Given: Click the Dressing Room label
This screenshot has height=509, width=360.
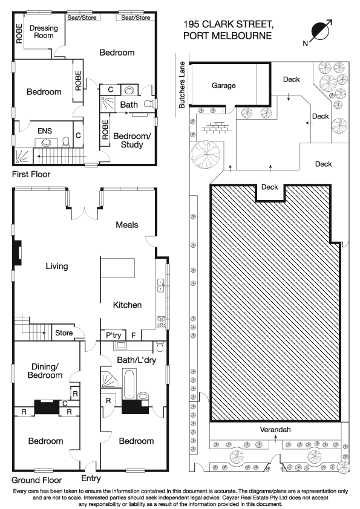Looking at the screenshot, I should [x=44, y=31].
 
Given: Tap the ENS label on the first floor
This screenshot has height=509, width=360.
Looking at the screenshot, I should [x=45, y=130].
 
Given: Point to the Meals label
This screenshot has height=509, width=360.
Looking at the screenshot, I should [x=127, y=225].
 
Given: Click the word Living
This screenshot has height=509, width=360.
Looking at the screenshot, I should [x=56, y=266].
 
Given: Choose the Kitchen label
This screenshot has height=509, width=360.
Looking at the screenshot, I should [x=127, y=305].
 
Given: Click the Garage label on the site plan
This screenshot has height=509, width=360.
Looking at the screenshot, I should [x=223, y=86].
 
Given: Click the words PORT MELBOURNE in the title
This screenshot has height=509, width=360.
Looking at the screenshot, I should [x=227, y=36].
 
